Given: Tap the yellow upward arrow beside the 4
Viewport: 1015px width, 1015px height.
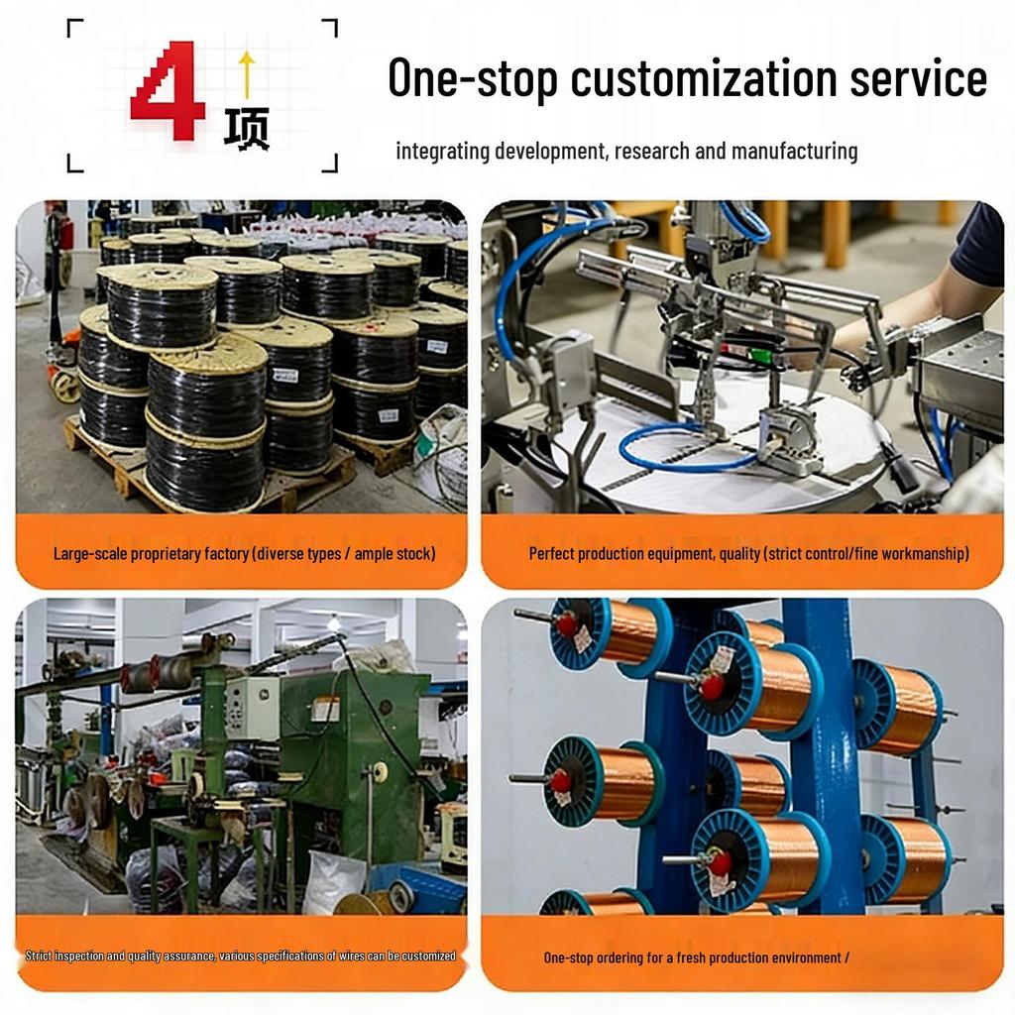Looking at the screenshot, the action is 247,74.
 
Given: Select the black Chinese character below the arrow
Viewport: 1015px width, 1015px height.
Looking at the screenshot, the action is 247,130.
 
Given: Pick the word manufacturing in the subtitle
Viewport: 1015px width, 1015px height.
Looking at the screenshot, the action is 794,152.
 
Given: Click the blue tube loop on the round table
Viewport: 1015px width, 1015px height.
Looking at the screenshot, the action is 686,447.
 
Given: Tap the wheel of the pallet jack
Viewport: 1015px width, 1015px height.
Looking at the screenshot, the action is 64,386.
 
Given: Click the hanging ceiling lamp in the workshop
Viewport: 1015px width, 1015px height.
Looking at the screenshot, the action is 333,622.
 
